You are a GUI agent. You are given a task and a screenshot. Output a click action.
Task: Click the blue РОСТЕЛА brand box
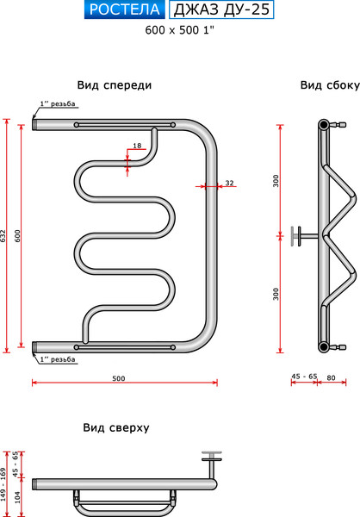point(125,10)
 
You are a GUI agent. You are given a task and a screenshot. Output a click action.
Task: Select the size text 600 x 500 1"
point(179,29)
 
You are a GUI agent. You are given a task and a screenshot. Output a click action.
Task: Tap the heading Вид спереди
point(115,85)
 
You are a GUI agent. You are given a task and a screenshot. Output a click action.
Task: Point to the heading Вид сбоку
point(324,85)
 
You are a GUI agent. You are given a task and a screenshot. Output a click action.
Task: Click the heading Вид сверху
point(116,427)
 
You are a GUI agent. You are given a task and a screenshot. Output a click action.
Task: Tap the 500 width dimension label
point(120,379)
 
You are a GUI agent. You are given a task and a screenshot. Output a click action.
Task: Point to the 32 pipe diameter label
point(229,183)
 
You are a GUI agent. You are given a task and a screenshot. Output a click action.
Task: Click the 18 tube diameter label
point(137,146)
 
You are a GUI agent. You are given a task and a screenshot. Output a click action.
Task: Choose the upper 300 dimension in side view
point(276,180)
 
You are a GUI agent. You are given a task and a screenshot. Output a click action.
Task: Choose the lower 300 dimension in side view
point(276,294)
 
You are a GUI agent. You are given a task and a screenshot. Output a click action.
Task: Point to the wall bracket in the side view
point(298,234)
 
